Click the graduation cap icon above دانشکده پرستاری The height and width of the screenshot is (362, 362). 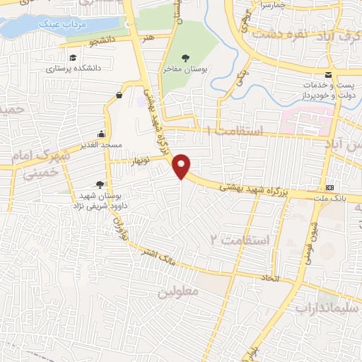73,57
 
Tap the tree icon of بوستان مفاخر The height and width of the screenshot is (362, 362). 186,57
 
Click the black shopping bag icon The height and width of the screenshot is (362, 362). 119,94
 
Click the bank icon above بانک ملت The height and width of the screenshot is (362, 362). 330,187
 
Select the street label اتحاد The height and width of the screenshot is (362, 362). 290,279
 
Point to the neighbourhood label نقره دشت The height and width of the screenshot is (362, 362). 277,33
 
